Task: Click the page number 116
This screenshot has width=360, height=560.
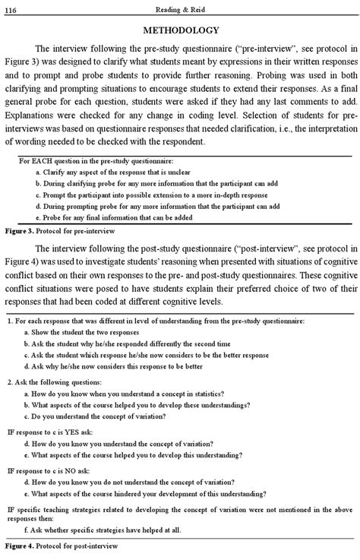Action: pyautogui.click(x=12, y=7)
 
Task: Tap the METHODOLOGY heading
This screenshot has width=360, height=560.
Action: pyautogui.click(x=181, y=30)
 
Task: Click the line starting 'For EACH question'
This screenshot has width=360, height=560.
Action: pyautogui.click(x=96, y=162)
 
